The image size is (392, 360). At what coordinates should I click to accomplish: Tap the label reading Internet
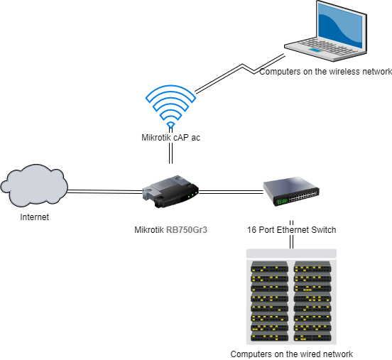(x=34, y=217)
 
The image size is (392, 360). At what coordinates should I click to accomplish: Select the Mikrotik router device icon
(x=171, y=190)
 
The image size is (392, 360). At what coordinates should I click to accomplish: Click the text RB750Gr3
(x=190, y=230)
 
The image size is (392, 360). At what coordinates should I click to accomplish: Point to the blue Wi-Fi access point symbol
(x=170, y=105)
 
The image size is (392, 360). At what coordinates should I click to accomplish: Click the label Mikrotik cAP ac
(x=170, y=138)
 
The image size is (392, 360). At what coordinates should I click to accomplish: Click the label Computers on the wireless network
(x=325, y=72)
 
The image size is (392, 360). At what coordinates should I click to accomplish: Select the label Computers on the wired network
(x=292, y=354)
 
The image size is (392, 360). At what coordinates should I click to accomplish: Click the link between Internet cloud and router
(x=105, y=190)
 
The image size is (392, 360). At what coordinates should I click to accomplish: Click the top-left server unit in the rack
(x=269, y=268)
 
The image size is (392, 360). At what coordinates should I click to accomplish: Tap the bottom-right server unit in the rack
(x=312, y=337)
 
